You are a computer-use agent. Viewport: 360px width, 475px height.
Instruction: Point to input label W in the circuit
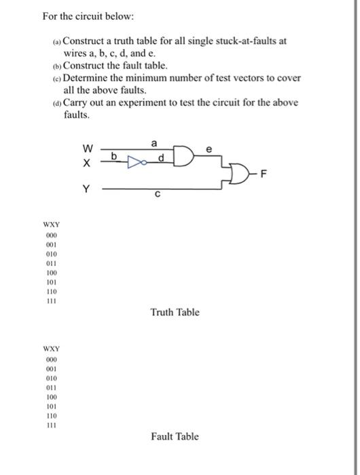coord(86,149)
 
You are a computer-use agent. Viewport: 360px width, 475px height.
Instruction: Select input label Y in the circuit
coord(86,191)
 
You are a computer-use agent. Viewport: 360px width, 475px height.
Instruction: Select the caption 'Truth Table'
coord(175,312)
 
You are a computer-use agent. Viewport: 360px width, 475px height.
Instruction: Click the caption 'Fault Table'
coord(175,436)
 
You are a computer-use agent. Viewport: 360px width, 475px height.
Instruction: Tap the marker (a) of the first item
coord(56,41)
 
